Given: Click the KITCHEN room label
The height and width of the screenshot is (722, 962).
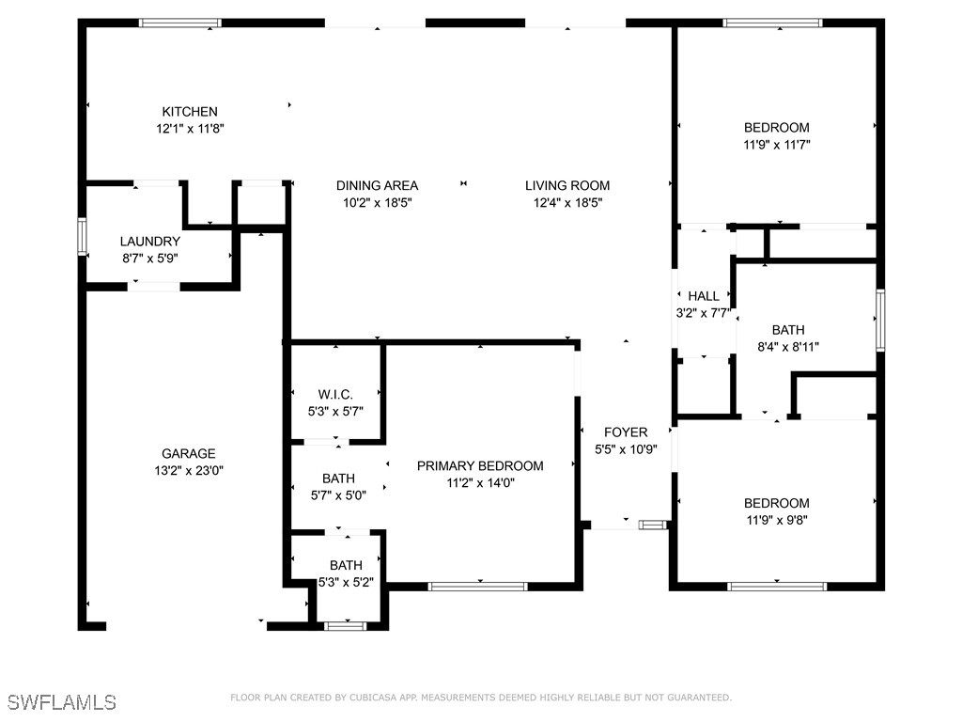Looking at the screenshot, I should (190, 111).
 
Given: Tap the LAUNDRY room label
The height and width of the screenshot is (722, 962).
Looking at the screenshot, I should (149, 242).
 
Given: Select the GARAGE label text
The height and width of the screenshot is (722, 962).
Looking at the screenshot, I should (188, 453).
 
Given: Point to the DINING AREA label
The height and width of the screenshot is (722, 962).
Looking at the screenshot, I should (377, 185).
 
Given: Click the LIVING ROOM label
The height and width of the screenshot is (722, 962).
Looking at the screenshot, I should (566, 185).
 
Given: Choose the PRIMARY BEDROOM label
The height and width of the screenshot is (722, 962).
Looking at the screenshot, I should (480, 465).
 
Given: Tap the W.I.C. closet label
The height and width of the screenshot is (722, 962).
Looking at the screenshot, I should (335, 394).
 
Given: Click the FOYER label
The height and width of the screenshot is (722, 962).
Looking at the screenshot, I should (626, 432).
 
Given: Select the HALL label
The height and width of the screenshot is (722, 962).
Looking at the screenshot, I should (704, 296).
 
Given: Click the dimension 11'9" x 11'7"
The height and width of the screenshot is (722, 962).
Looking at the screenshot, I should (777, 145).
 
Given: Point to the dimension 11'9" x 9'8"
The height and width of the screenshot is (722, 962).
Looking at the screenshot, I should (777, 520).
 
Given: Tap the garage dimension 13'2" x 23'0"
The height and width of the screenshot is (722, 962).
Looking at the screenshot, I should (188, 470).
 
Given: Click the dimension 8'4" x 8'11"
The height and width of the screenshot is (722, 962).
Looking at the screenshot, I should (788, 346).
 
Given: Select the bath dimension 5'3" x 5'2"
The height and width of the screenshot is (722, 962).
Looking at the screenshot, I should (346, 582).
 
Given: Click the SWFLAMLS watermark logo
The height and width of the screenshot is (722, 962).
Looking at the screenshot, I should (62, 702).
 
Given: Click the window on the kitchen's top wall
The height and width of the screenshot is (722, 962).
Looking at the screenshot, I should (180, 23).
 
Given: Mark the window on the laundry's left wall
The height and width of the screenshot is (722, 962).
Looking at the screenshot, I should (82, 236).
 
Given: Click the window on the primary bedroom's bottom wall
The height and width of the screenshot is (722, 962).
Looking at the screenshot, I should (477, 587).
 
